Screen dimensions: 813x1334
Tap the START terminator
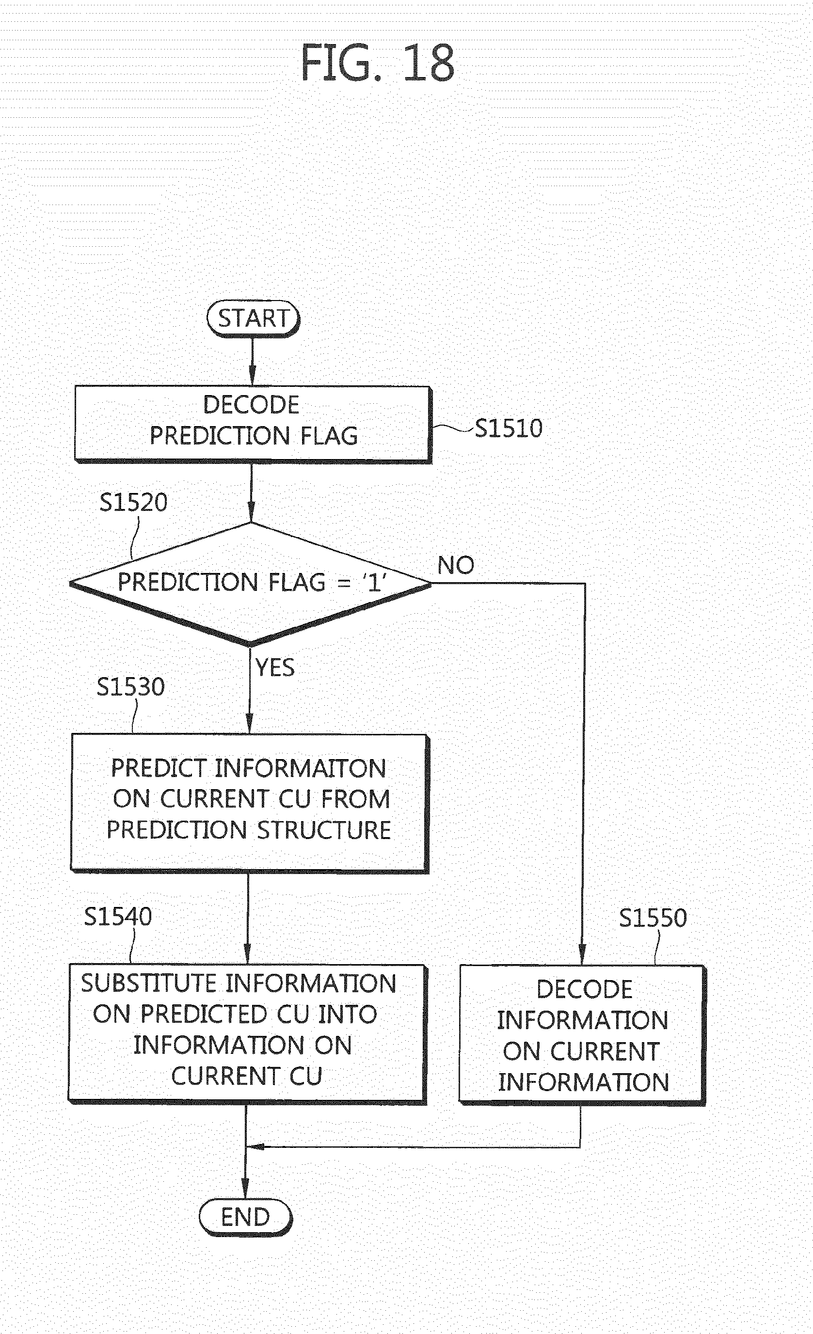point(253,319)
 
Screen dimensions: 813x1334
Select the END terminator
point(245,1218)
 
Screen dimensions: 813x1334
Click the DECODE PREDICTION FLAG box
point(253,425)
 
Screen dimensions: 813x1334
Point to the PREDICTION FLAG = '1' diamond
point(251,584)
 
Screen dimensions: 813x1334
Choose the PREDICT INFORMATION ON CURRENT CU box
point(250,803)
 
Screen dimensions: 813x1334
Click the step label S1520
point(133,502)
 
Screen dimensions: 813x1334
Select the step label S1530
point(130,686)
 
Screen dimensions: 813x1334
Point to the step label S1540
point(118,917)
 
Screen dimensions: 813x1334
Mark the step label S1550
point(653,918)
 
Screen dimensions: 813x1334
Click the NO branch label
point(456,565)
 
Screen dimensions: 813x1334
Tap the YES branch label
point(275,667)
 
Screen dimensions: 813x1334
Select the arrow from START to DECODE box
point(252,362)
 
